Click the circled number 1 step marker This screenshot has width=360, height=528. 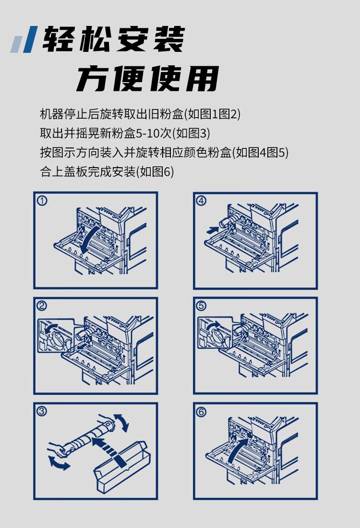[x=42, y=201]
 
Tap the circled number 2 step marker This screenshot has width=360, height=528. [x=42, y=306]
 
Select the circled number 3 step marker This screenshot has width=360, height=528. [x=42, y=411]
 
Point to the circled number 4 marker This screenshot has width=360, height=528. [x=201, y=201]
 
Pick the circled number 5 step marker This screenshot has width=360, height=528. [x=201, y=306]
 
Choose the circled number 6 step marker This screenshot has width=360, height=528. [x=201, y=411]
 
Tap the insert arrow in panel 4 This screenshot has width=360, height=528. [x=212, y=230]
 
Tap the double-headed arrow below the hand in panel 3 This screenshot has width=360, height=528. [x=59, y=463]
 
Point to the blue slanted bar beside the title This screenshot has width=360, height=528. [x=30, y=39]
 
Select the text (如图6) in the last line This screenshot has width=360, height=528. [x=155, y=172]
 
